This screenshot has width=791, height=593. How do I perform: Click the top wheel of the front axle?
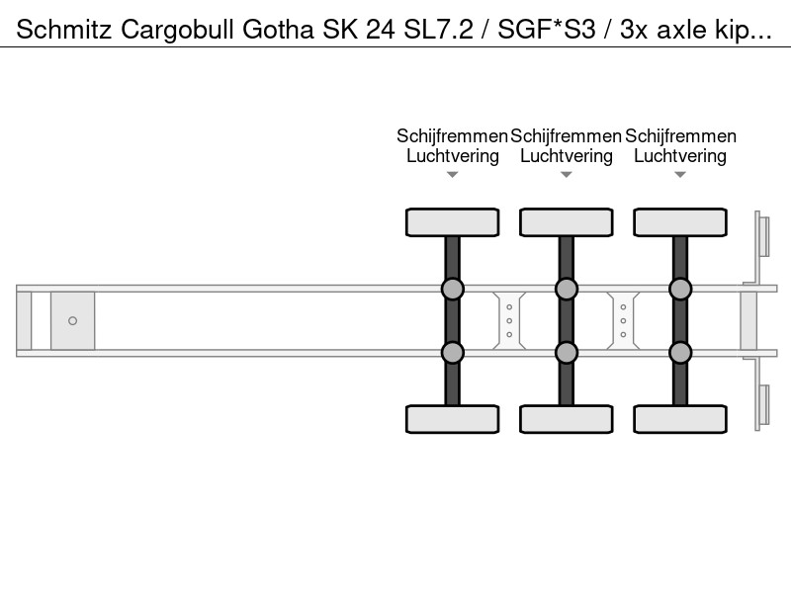[453, 222]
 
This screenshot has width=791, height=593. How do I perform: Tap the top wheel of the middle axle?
[567, 222]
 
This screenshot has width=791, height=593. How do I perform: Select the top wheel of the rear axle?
[680, 222]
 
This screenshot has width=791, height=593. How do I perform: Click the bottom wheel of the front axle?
[453, 419]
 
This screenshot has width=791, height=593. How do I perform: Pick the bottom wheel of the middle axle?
[567, 419]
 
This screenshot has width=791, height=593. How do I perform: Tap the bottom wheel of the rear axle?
[680, 419]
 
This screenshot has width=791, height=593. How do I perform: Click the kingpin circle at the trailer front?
[72, 320]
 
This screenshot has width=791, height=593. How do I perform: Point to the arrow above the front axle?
[453, 175]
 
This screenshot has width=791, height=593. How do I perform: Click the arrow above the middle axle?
[567, 175]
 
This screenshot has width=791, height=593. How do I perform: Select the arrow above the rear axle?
[680, 175]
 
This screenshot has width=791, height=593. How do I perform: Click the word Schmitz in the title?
[64, 30]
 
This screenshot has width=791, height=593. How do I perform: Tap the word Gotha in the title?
[279, 30]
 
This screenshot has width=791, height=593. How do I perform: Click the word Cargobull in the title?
[178, 30]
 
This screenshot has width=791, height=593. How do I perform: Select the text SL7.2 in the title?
[438, 30]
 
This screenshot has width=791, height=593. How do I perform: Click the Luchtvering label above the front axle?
[453, 156]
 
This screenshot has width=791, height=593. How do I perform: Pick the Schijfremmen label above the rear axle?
[680, 136]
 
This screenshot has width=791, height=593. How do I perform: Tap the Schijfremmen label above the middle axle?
[566, 136]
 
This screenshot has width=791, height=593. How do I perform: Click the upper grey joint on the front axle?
[453, 290]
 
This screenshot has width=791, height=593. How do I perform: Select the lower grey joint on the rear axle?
[680, 353]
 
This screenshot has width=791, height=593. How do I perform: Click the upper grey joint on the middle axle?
[567, 290]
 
